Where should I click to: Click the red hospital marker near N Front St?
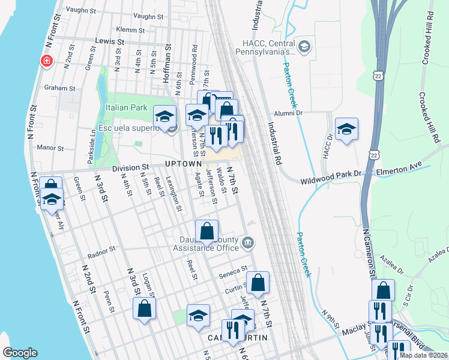[x=46, y=61]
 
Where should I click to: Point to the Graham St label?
[x=60, y=88]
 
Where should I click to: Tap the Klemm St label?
[x=130, y=29]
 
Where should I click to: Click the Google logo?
[x=20, y=353]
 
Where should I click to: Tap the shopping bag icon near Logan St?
[x=145, y=308]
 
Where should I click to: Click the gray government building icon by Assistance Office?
[x=247, y=244]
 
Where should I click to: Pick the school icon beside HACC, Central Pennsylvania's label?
[x=304, y=47]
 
